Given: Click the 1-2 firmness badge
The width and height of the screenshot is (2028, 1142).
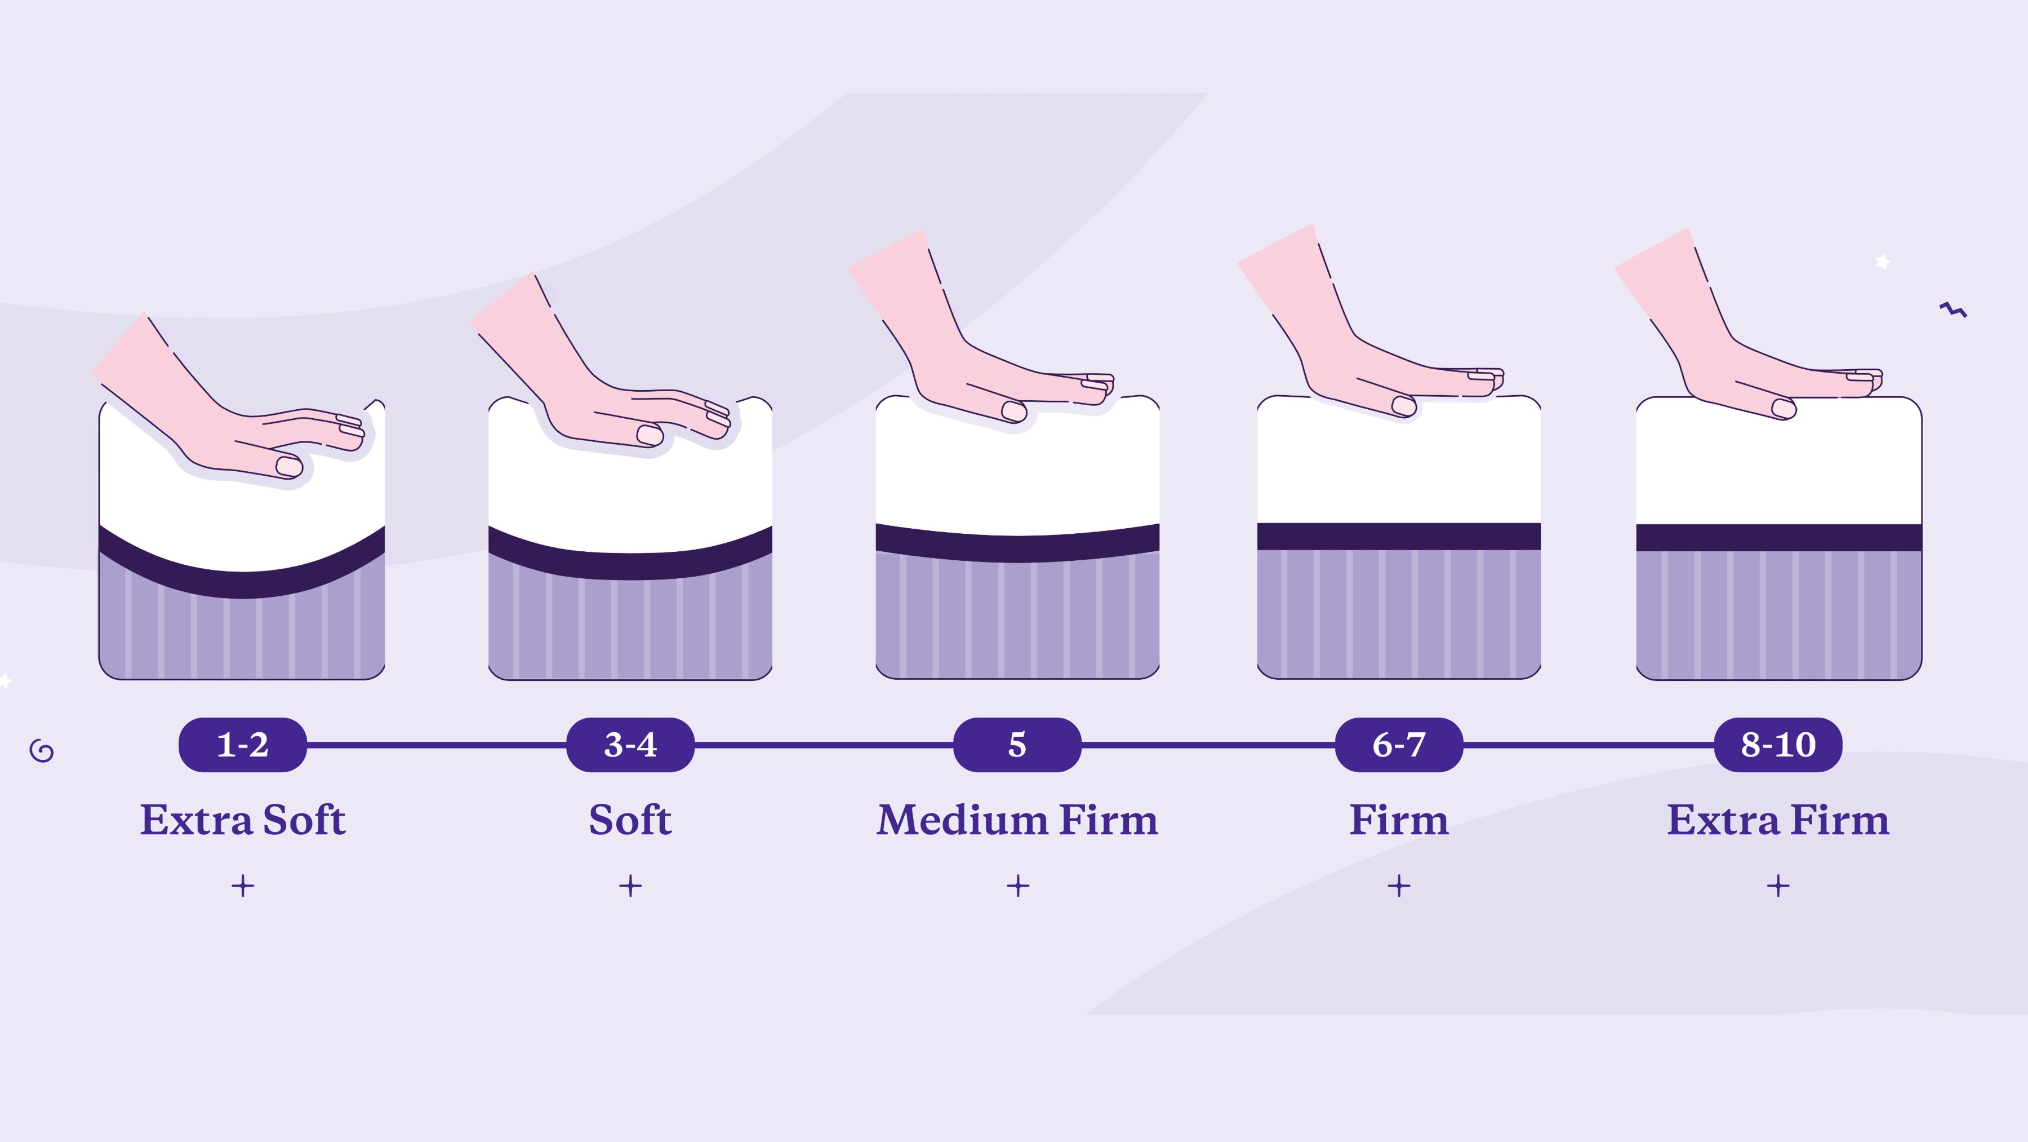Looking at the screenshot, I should pyautogui.click(x=242, y=744).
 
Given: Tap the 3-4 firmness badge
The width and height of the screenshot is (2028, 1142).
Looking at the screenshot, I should pyautogui.click(x=630, y=744).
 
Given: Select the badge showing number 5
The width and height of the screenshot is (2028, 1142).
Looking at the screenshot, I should pyautogui.click(x=1017, y=744).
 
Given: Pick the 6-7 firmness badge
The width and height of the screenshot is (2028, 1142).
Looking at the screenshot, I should pyautogui.click(x=1398, y=744).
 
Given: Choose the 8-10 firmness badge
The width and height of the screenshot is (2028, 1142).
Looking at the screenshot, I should pyautogui.click(x=1778, y=744).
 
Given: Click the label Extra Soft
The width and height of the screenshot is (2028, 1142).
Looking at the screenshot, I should pyautogui.click(x=242, y=820).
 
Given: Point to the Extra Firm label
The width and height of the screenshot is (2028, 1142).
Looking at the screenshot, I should pyautogui.click(x=1778, y=820).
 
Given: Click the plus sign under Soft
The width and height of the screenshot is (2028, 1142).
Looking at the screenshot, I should pyautogui.click(x=630, y=886).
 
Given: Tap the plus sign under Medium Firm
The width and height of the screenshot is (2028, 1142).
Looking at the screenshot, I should pyautogui.click(x=1018, y=886).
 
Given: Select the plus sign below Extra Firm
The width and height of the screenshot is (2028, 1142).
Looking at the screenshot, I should pyautogui.click(x=1778, y=886).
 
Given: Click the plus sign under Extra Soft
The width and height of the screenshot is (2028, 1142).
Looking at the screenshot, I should pyautogui.click(x=242, y=886).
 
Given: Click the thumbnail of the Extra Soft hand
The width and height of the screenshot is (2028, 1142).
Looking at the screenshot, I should pyautogui.click(x=289, y=466).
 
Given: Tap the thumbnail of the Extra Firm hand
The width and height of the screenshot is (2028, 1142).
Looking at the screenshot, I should pyautogui.click(x=1783, y=409).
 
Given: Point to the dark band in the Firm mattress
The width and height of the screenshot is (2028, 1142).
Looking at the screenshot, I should pyautogui.click(x=1398, y=537).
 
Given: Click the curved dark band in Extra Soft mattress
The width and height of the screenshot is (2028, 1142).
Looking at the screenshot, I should pyautogui.click(x=242, y=583).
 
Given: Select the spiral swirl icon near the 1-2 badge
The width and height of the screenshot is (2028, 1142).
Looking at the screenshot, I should pyautogui.click(x=42, y=751).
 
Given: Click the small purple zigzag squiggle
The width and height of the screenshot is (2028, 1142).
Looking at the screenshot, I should pyautogui.click(x=1953, y=309).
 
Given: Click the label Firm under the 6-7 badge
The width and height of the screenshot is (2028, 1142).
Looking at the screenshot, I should pyautogui.click(x=1398, y=820).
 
